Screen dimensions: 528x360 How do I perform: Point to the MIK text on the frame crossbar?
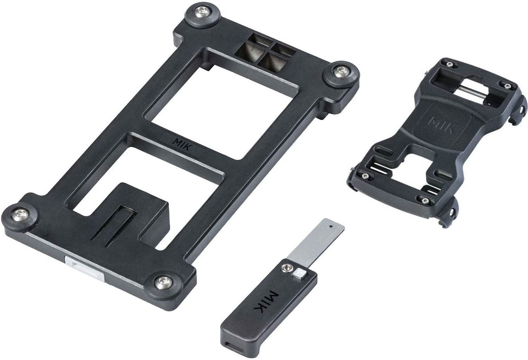point(182,144)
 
